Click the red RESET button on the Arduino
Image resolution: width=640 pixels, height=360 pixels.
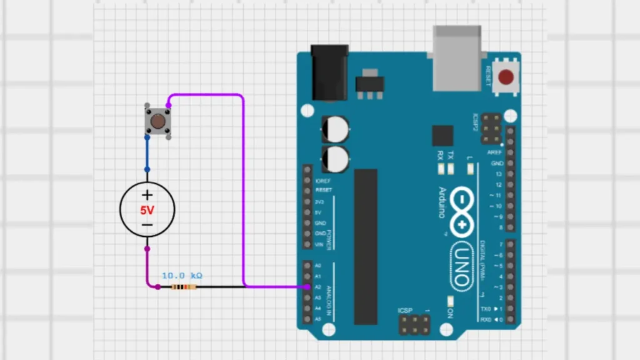[x=507, y=77]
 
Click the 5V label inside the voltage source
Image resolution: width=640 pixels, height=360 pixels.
[x=147, y=211]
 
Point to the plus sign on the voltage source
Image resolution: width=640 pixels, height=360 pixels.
[x=147, y=195]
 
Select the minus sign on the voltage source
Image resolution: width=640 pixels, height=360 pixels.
[x=147, y=225]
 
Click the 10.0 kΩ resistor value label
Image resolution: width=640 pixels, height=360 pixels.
[x=182, y=275]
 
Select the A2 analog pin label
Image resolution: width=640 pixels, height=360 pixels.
[x=318, y=287]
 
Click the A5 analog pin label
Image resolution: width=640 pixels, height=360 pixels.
[x=318, y=319]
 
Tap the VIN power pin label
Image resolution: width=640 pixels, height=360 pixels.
[x=320, y=244]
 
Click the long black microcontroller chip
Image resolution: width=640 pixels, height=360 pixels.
[x=366, y=246]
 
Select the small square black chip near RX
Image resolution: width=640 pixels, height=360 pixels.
[x=442, y=136]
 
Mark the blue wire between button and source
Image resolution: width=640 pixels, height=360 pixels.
[x=147, y=152]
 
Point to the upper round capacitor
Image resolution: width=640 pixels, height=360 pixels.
[x=335, y=129]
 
